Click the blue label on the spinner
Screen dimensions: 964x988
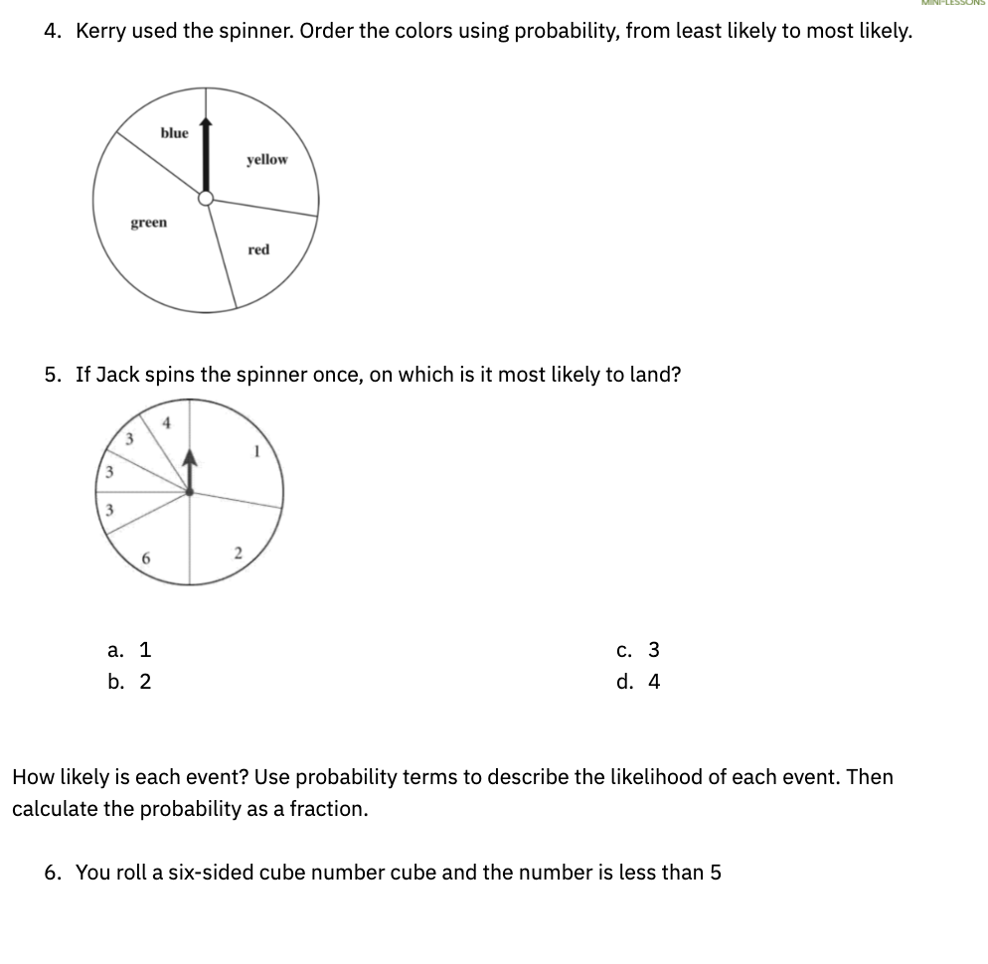pyautogui.click(x=174, y=133)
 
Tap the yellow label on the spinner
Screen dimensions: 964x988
pyautogui.click(x=266, y=160)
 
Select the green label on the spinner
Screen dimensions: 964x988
pyautogui.click(x=149, y=224)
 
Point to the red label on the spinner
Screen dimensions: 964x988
pyautogui.click(x=258, y=250)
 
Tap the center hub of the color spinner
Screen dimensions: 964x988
pyautogui.click(x=205, y=199)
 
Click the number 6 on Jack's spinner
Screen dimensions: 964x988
pyautogui.click(x=145, y=559)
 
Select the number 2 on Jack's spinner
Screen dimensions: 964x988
pyautogui.click(x=238, y=553)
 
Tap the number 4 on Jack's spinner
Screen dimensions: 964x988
pyautogui.click(x=167, y=422)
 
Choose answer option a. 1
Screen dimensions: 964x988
pyautogui.click(x=130, y=651)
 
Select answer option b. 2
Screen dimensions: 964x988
pyautogui.click(x=130, y=682)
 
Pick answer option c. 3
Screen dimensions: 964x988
pyautogui.click(x=638, y=651)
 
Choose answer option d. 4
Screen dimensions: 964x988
pyautogui.click(x=638, y=682)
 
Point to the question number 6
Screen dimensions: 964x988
pyautogui.click(x=54, y=873)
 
